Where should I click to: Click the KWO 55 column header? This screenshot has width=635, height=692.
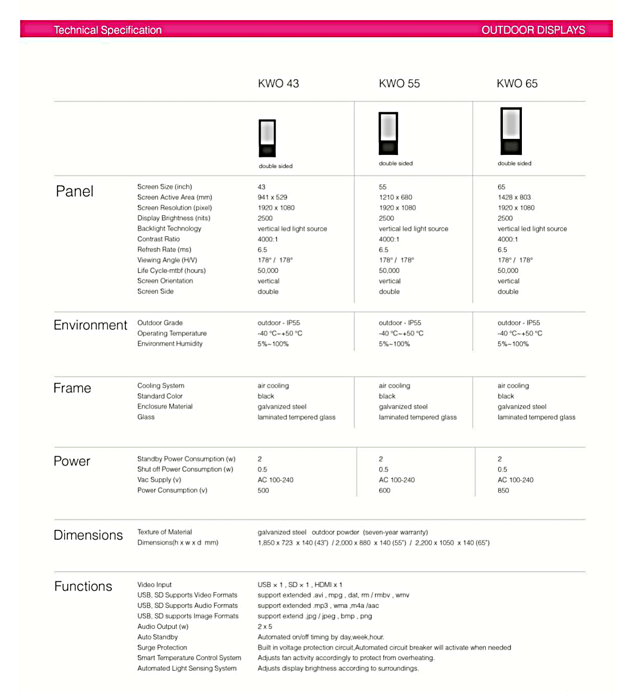399,83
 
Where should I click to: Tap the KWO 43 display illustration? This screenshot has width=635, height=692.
267,138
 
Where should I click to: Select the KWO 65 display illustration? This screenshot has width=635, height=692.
511,131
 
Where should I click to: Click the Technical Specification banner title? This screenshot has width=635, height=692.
107,30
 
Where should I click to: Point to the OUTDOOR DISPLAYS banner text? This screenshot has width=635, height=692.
533,30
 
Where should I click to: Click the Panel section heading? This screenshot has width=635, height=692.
75,191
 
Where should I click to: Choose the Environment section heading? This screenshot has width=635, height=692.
90,325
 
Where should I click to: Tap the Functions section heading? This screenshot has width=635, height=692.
83,587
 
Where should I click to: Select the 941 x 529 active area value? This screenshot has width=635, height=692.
273,197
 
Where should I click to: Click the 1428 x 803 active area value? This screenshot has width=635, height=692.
514,197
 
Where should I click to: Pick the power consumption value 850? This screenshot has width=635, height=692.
503,490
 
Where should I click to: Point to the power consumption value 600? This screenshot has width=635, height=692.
385,490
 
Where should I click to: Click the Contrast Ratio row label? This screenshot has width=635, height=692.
158,239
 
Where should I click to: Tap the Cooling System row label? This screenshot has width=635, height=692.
160,386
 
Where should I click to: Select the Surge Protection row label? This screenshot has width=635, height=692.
162,648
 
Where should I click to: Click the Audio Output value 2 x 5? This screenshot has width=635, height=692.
265,627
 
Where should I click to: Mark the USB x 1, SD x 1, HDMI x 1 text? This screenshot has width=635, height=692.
300,585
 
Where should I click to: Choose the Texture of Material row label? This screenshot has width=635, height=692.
165,532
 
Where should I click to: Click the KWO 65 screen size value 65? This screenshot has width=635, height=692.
501,187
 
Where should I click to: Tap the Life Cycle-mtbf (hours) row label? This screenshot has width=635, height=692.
171,271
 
